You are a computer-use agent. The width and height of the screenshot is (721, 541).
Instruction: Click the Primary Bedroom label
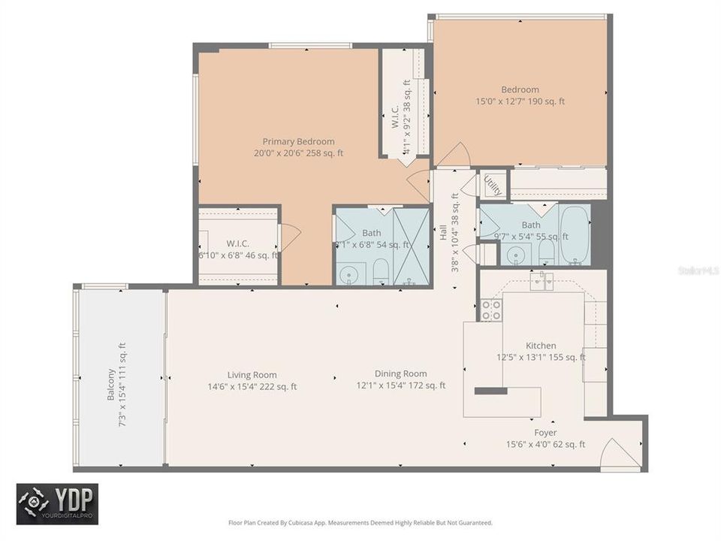[298, 141]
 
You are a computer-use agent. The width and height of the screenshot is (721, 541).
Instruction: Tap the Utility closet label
[493, 184]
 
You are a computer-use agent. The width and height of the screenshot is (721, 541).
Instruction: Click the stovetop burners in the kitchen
[490, 310]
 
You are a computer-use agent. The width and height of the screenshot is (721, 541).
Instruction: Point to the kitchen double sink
[542, 281]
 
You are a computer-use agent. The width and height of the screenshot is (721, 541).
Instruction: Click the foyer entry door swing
[620, 455]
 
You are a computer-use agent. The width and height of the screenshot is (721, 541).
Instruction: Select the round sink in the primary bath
[349, 275]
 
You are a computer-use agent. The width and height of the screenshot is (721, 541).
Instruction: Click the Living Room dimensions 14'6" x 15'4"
[252, 387]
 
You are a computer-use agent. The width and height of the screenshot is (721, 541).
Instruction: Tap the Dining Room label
[401, 373]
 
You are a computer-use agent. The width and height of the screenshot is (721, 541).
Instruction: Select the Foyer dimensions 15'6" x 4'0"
[545, 444]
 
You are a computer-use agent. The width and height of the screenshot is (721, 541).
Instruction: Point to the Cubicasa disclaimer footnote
[360, 522]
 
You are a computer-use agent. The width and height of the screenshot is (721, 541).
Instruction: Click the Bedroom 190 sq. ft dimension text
[520, 101]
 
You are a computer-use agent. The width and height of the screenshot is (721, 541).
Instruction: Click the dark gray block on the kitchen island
[490, 391]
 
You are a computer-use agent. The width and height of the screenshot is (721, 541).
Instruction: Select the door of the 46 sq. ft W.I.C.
[289, 237]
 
